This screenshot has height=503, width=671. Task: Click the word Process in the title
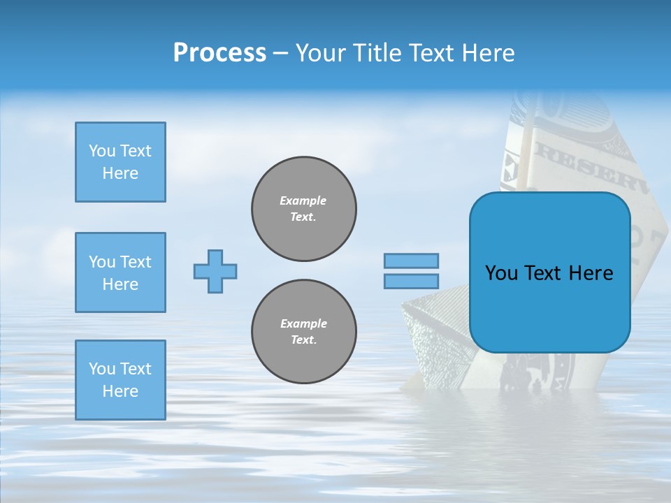point(219,52)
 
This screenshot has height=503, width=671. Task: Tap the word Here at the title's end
point(486,52)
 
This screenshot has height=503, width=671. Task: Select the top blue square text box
point(120,162)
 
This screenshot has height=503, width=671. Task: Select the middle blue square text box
point(120,272)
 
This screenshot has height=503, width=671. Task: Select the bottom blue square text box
point(120,379)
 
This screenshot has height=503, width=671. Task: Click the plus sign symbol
point(215,271)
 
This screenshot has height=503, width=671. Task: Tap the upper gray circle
point(304,209)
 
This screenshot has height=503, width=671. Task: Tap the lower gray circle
point(304,332)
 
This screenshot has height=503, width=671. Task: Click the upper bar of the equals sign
point(411,261)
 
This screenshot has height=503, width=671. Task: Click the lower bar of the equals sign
point(411,281)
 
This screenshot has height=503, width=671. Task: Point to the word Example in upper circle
point(303,201)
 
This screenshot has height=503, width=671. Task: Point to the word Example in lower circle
point(303,323)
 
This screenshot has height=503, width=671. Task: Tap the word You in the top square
point(101,151)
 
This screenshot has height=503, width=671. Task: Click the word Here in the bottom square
point(120,391)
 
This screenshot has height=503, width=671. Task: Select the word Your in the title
point(322,53)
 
